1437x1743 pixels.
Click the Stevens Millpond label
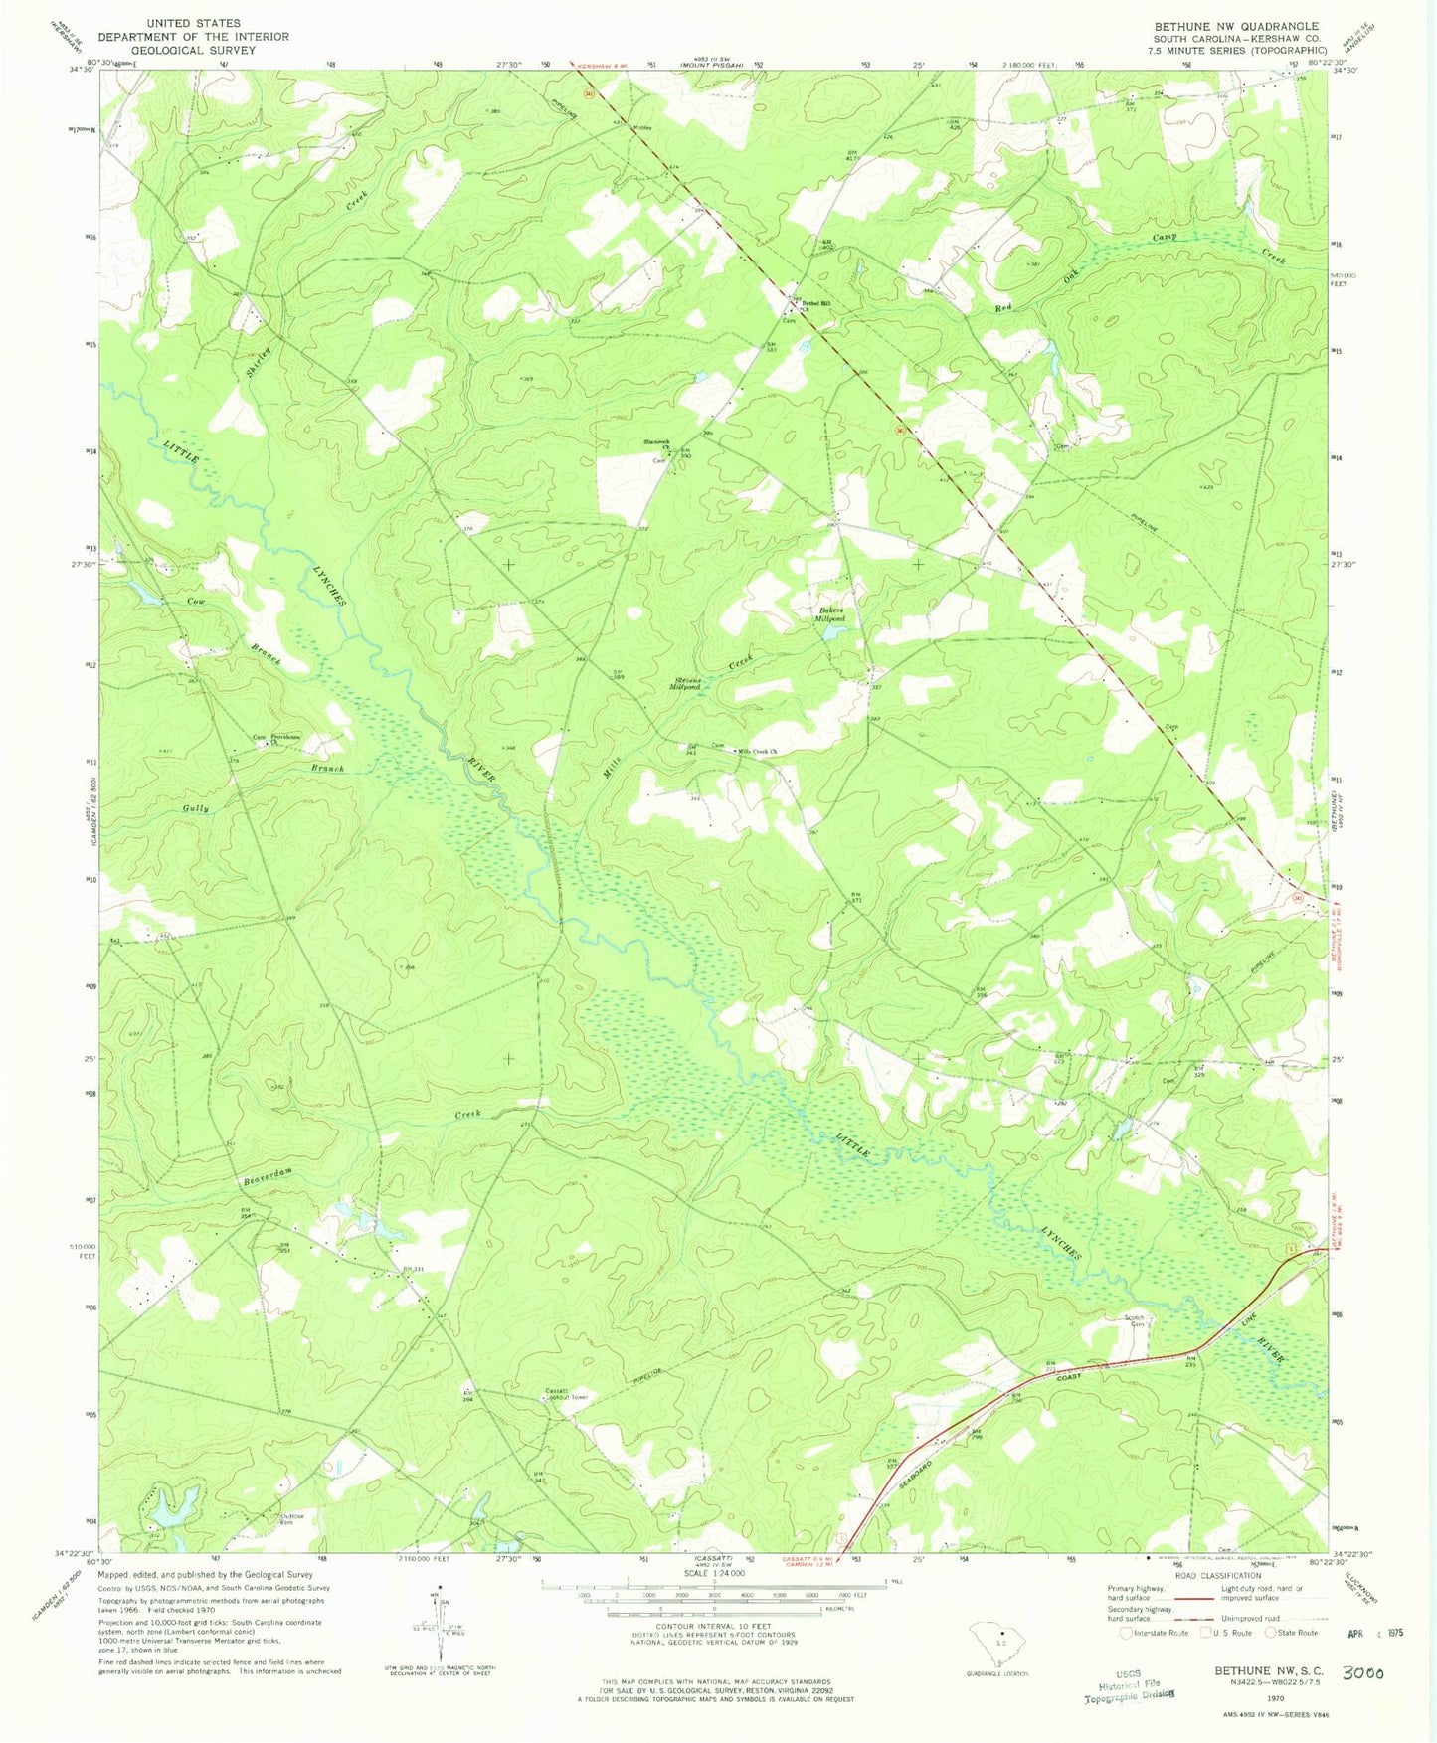[x=685, y=684]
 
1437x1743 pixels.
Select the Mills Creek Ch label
[x=756, y=751]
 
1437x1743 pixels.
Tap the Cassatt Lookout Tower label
[x=568, y=1394]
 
